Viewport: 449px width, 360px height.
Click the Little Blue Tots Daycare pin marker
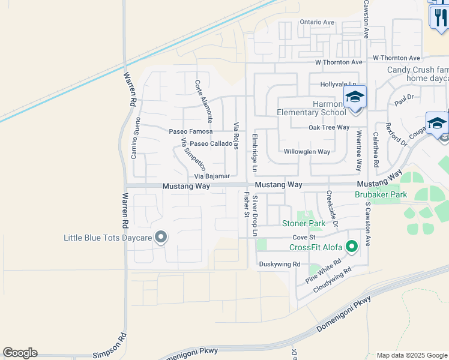point(160,238)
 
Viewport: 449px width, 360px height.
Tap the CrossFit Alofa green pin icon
point(352,246)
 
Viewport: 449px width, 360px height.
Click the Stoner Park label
point(304,223)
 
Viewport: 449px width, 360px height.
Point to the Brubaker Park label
point(381,194)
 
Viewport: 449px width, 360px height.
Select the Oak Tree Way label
point(329,127)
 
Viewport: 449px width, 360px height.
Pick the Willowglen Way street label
point(307,152)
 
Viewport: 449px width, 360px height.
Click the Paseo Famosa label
point(191,131)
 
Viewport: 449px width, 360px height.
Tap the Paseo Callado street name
point(211,144)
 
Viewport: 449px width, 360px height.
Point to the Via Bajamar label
point(212,176)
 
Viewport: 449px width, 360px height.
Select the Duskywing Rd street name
point(280,264)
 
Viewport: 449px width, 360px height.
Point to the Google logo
point(20,353)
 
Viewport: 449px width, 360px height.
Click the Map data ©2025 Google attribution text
point(411,355)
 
